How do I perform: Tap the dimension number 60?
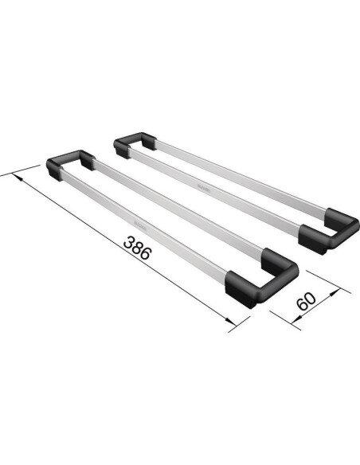tap(307, 302)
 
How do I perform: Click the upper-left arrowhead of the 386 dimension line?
tap(17, 177)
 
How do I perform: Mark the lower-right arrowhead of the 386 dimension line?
tap(234, 326)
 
